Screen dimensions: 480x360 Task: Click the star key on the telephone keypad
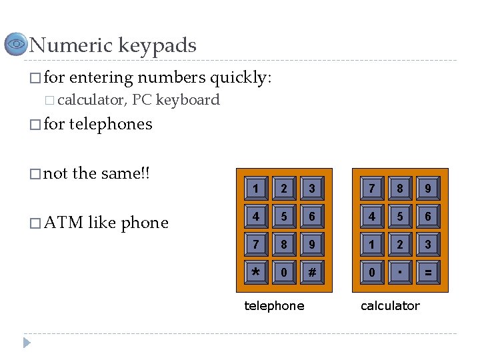pos(255,272)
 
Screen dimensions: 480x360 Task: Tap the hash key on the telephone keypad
pos(311,272)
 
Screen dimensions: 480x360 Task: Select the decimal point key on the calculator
pos(399,272)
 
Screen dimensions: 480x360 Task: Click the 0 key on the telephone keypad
pos(283,272)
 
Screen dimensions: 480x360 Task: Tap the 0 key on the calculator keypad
pos(371,272)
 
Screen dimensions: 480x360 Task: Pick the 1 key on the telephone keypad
pos(255,189)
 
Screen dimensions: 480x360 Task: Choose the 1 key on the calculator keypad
pos(371,244)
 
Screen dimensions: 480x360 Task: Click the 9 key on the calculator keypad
pos(427,189)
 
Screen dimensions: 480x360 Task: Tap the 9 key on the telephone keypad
pos(311,244)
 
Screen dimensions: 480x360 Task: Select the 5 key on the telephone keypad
pos(283,217)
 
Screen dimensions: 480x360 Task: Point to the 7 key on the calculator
pos(371,189)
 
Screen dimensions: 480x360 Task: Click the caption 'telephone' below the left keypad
pos(274,306)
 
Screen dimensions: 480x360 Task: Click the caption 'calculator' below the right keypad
pos(390,306)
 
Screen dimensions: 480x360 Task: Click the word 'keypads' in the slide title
pos(157,46)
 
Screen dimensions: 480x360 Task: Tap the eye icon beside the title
pos(15,45)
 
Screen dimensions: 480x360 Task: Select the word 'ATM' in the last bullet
pos(64,223)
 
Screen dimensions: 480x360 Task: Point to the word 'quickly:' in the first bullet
pos(241,78)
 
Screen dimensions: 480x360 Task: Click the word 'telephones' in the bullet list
pos(110,124)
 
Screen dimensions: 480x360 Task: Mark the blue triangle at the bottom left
pos(27,343)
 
